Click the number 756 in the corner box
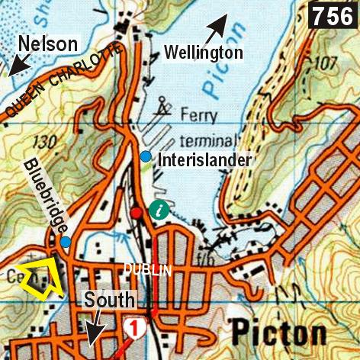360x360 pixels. (333, 14)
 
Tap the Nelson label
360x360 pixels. (50, 43)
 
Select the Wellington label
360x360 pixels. (204, 53)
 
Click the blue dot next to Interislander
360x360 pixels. (145, 156)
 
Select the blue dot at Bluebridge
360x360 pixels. (66, 242)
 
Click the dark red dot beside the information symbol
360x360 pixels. (136, 213)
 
